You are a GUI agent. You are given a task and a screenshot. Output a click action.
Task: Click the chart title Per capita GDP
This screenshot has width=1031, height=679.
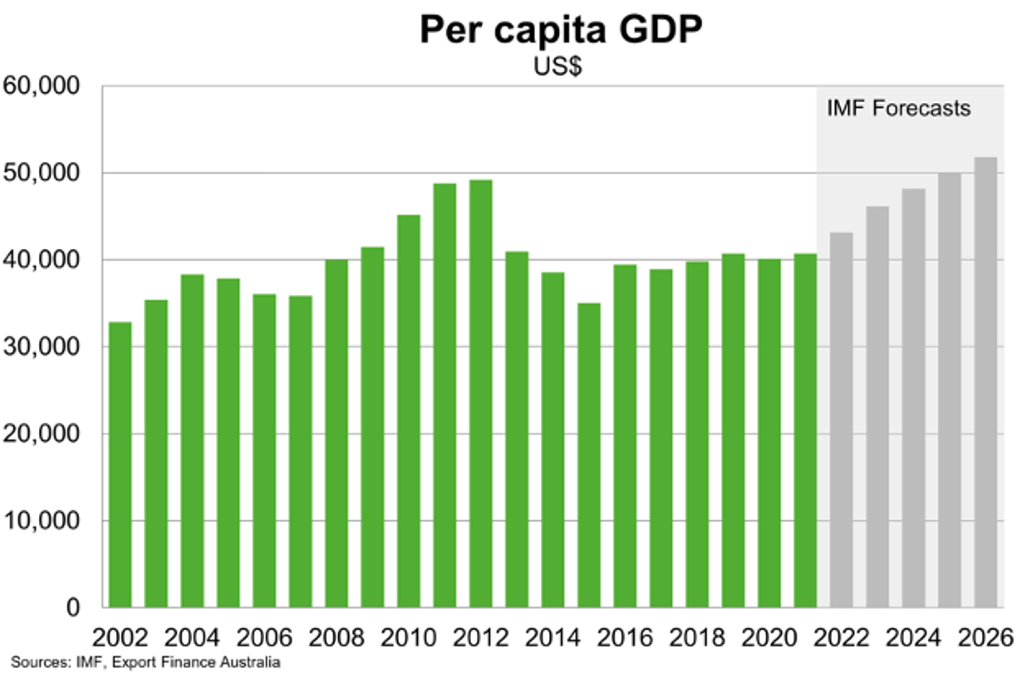560,30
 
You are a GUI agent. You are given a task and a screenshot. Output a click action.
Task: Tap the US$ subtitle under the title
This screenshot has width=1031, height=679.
557,67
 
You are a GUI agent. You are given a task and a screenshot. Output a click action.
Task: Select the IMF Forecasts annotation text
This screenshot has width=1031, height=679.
898,108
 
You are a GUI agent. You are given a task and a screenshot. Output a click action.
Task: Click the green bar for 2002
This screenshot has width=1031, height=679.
120,463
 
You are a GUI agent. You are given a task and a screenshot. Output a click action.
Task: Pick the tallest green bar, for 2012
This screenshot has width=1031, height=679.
481,393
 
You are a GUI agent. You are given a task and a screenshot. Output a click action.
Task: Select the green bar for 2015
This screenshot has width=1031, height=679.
588,453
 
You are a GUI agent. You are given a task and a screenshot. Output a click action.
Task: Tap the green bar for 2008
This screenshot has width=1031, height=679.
336,433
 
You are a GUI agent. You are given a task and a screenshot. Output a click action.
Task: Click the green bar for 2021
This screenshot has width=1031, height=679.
805,431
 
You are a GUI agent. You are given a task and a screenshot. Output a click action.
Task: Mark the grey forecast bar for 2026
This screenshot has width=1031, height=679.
985,383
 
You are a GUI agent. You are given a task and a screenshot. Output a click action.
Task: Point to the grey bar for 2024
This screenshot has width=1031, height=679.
913,398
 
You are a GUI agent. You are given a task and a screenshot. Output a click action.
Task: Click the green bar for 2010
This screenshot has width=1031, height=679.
408,411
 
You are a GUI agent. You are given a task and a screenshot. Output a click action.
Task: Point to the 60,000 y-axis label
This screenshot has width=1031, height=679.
41,86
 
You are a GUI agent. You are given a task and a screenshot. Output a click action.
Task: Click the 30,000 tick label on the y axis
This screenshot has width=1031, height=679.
41,347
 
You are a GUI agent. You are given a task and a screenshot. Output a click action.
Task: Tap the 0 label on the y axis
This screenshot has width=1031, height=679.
73,608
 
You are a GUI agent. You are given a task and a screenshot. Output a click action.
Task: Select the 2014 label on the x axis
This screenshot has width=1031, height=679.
552,638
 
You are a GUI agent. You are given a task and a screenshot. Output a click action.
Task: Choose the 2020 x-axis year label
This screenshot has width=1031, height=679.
769,638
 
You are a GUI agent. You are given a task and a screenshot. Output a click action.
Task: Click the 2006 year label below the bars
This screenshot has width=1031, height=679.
264,638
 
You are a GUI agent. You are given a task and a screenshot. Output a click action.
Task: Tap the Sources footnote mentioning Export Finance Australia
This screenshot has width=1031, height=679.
145,662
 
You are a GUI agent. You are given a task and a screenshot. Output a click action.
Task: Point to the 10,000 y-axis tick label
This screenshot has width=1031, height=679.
41,521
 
